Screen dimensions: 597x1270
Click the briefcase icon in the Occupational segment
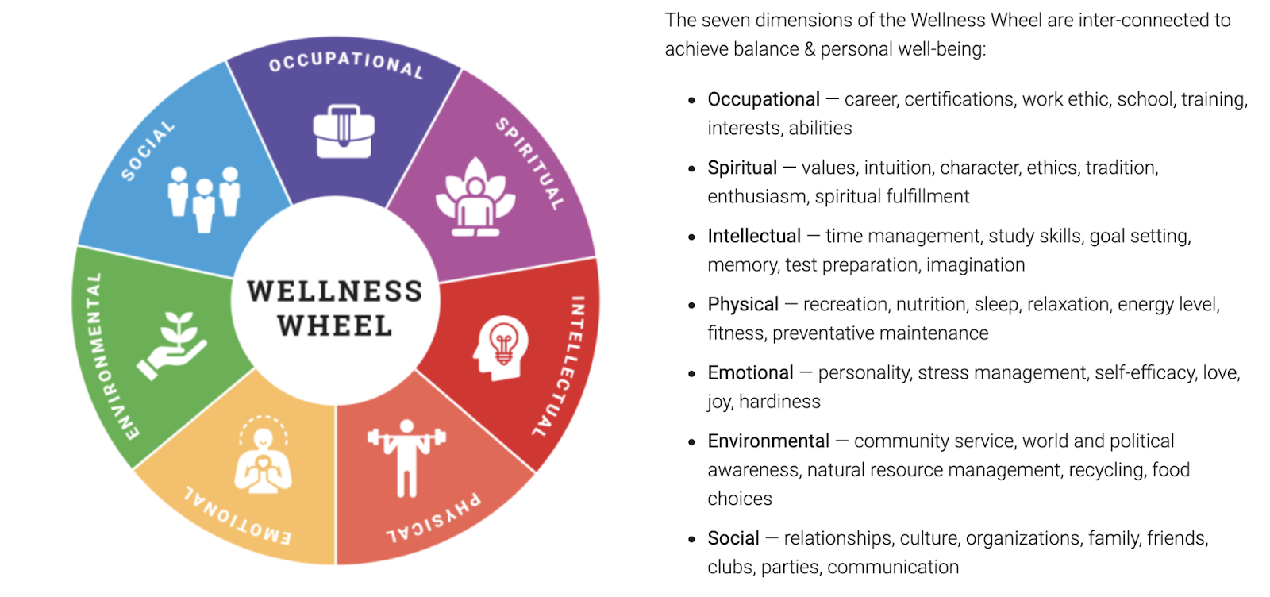(343, 131)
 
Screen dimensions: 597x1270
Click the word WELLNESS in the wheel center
(334, 291)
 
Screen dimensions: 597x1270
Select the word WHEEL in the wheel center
(335, 325)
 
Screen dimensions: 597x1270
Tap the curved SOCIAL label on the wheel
(148, 150)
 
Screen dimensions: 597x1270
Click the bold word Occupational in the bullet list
(764, 99)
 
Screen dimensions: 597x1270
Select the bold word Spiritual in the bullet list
(742, 168)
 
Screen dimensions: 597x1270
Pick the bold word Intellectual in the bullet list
(754, 236)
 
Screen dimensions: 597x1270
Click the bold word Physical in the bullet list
(743, 304)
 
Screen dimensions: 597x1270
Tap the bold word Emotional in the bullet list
(750, 372)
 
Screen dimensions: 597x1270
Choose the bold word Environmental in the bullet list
(768, 441)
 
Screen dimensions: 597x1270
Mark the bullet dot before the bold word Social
(692, 539)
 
